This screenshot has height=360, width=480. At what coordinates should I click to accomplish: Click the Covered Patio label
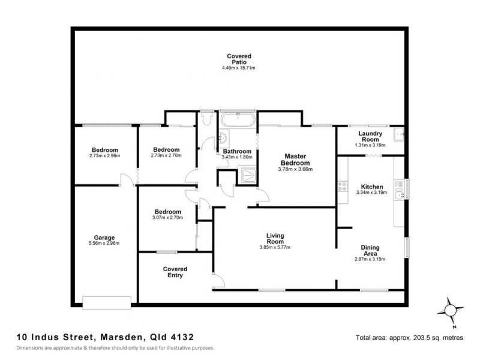[x=239, y=59]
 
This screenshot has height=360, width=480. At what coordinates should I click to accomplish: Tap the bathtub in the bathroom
[x=238, y=120]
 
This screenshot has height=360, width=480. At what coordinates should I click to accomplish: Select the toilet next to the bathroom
[x=207, y=119]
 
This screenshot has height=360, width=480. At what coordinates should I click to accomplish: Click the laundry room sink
[x=398, y=134]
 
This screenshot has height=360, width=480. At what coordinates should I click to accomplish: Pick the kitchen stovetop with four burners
[x=343, y=187]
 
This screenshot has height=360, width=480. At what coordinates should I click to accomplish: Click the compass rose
[x=450, y=311]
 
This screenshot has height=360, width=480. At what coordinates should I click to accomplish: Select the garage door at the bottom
[x=107, y=302]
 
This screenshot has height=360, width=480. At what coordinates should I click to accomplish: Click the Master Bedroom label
[x=295, y=160]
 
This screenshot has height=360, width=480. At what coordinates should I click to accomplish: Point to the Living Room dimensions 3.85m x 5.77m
[x=275, y=247]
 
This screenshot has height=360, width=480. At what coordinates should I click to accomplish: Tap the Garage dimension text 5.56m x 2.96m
[x=104, y=244]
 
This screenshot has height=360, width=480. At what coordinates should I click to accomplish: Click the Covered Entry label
[x=175, y=272]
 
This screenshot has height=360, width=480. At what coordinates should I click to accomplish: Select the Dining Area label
[x=370, y=250]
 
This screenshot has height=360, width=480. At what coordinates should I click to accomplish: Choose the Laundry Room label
[x=370, y=136]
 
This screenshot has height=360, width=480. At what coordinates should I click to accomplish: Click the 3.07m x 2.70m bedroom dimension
[x=167, y=218]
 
